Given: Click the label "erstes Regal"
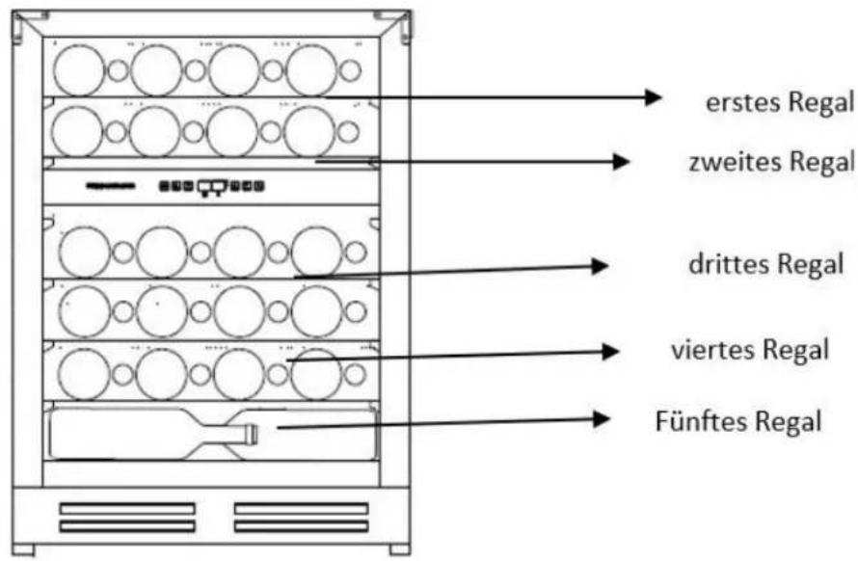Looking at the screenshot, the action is pyautogui.click(x=779, y=102).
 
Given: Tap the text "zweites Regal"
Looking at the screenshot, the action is pyautogui.click(x=771, y=162).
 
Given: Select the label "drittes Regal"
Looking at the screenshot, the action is pyautogui.click(x=765, y=264).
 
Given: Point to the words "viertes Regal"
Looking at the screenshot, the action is pyautogui.click(x=750, y=350).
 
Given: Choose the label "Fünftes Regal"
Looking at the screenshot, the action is pyautogui.click(x=738, y=421).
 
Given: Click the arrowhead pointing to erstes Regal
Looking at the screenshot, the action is pyautogui.click(x=654, y=97).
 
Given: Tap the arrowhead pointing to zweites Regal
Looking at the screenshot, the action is pyautogui.click(x=621, y=162).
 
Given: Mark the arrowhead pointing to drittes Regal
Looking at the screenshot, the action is pyautogui.click(x=601, y=266).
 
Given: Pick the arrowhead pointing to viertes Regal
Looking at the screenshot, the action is pyautogui.click(x=610, y=352).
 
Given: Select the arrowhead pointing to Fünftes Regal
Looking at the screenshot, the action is pyautogui.click(x=602, y=419).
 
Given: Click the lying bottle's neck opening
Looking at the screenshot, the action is pyautogui.click(x=254, y=434).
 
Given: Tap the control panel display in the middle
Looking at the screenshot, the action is pyautogui.click(x=212, y=187).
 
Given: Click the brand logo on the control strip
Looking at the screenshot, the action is pyautogui.click(x=111, y=186).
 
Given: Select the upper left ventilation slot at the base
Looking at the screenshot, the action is pyautogui.click(x=127, y=508).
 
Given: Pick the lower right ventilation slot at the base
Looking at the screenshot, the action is pyautogui.click(x=301, y=526).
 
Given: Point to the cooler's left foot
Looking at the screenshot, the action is pyautogui.click(x=23, y=549).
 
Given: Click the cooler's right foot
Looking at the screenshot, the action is pyautogui.click(x=399, y=549).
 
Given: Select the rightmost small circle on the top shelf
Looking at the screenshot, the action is pyautogui.click(x=350, y=70).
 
